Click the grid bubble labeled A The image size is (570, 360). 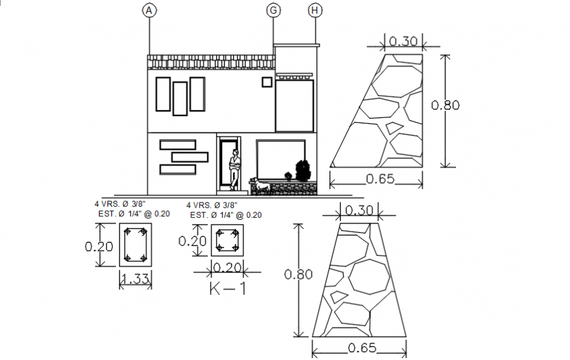(x=149, y=10)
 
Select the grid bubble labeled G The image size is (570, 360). (x=273, y=10)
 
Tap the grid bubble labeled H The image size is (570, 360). (x=316, y=10)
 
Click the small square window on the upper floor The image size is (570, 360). (x=267, y=82)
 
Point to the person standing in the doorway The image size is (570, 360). (x=234, y=169)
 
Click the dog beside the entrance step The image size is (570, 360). (x=261, y=186)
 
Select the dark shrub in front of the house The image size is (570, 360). (x=302, y=171)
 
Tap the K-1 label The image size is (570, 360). (x=227, y=288)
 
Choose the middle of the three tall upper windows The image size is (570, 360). (x=180, y=97)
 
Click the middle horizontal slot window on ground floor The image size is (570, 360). (x=189, y=157)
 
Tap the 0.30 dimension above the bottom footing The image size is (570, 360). (x=359, y=211)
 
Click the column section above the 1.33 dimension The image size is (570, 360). (x=135, y=245)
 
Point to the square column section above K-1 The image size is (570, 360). (x=227, y=240)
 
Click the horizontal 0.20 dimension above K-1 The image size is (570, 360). (x=226, y=267)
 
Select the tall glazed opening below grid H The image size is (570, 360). (x=294, y=106)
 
